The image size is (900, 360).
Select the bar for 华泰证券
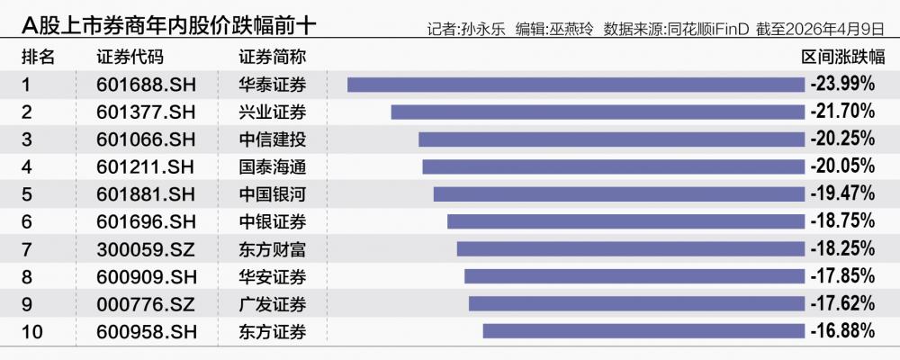pos(576,85)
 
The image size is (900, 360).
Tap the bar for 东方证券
pos(643,331)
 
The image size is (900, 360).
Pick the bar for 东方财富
pos(630,248)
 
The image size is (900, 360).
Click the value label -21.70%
pos(842,112)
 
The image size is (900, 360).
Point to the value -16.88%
pos(842,331)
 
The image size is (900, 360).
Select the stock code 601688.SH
pos(145,85)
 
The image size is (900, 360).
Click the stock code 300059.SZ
pos(145,249)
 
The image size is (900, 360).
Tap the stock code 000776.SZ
pos(145,304)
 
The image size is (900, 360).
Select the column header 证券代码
pos(130,57)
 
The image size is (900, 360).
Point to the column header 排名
pos(38,57)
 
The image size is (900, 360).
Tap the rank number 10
pos(31,331)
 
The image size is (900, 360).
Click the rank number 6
pos(27,221)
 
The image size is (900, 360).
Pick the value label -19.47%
pos(842,194)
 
